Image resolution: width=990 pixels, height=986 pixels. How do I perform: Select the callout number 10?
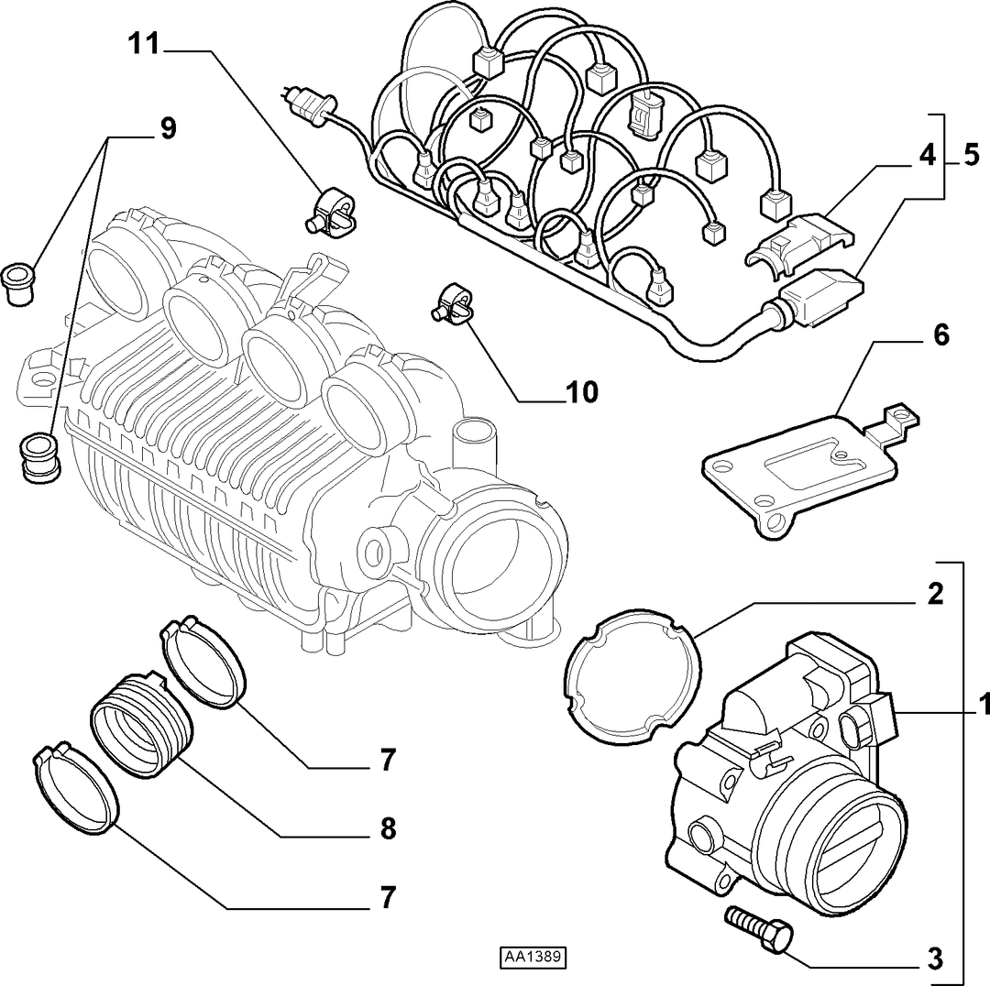click(x=581, y=392)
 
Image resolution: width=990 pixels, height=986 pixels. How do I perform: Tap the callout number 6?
click(x=940, y=334)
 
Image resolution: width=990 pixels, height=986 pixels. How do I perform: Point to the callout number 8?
click(x=388, y=827)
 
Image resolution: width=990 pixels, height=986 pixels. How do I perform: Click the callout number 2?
click(x=935, y=594)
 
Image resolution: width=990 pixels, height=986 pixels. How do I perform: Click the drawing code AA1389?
click(x=532, y=957)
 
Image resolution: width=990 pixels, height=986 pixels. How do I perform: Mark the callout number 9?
click(x=168, y=129)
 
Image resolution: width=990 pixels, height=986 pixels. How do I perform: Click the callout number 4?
click(x=926, y=155)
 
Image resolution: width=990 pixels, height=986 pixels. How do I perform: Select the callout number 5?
click(x=971, y=155)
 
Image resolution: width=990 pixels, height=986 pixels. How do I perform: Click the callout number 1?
click(x=983, y=705)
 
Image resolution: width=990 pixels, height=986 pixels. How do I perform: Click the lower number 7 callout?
click(x=388, y=897)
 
